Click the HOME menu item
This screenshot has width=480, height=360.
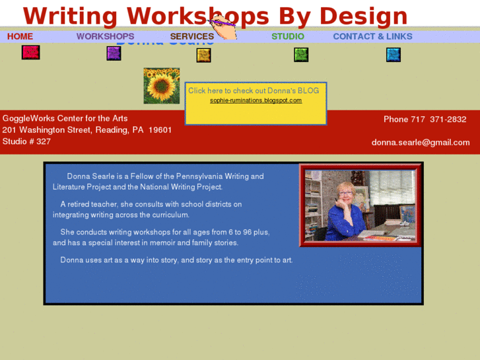click(20, 36)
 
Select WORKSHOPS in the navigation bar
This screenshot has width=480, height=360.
click(105, 36)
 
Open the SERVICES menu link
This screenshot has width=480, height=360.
click(191, 36)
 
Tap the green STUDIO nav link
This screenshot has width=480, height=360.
click(288, 36)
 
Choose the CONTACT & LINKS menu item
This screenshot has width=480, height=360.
click(372, 36)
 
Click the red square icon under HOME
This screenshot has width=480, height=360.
click(30, 52)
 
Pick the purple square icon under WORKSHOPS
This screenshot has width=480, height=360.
click(114, 54)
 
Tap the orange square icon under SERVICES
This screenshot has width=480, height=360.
click(203, 55)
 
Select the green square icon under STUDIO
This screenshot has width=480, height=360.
click(301, 55)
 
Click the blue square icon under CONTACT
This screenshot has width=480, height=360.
click(394, 55)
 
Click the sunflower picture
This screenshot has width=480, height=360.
click(162, 86)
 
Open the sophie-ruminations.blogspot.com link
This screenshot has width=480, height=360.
click(256, 100)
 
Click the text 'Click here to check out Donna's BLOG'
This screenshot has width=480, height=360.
click(254, 90)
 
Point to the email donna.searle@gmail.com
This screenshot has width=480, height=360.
click(421, 142)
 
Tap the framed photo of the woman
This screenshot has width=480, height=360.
click(360, 205)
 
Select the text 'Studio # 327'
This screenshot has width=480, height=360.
click(26, 141)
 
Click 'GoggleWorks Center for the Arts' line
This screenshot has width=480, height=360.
click(65, 118)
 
